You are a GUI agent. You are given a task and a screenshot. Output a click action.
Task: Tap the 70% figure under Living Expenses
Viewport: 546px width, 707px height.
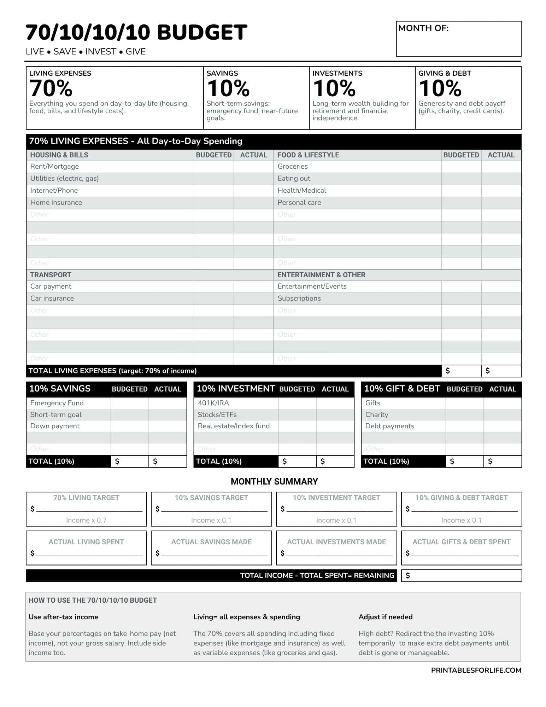(x=51, y=88)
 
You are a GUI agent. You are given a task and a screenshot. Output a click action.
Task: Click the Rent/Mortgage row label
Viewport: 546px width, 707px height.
(x=54, y=167)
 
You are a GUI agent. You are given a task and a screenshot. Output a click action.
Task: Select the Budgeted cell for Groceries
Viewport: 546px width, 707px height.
(x=461, y=167)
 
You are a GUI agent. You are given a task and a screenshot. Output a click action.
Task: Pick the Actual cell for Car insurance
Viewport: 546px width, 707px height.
(x=253, y=299)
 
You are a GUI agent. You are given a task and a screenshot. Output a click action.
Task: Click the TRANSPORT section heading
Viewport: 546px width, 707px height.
(x=51, y=275)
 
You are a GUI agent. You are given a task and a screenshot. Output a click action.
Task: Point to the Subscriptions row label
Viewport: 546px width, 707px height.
(x=299, y=299)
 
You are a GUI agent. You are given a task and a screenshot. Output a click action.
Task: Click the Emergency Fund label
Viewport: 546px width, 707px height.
(x=57, y=403)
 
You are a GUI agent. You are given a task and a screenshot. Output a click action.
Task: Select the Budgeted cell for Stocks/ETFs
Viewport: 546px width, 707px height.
(x=297, y=415)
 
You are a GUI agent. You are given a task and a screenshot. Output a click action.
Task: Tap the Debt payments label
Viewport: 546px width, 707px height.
(x=389, y=426)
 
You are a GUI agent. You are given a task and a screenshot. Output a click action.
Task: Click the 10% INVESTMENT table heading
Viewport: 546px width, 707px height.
(x=236, y=389)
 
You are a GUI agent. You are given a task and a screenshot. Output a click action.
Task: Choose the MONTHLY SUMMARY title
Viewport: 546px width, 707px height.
(x=274, y=481)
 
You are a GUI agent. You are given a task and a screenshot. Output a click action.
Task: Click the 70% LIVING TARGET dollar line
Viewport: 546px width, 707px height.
(x=89, y=509)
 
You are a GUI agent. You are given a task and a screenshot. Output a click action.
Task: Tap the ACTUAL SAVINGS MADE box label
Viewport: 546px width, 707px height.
(x=211, y=542)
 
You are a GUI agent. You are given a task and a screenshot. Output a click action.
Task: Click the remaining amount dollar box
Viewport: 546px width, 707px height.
(x=461, y=575)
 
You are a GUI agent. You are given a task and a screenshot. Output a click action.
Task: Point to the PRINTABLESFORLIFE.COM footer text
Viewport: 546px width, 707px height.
(x=476, y=670)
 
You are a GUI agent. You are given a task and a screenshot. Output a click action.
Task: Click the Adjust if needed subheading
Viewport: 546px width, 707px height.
(x=385, y=617)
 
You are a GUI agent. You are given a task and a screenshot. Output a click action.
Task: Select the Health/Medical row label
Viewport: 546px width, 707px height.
(x=302, y=191)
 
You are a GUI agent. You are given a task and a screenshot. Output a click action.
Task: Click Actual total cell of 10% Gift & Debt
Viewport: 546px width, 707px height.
(x=502, y=461)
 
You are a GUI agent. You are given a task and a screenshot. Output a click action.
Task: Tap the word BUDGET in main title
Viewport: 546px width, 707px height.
(x=202, y=33)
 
